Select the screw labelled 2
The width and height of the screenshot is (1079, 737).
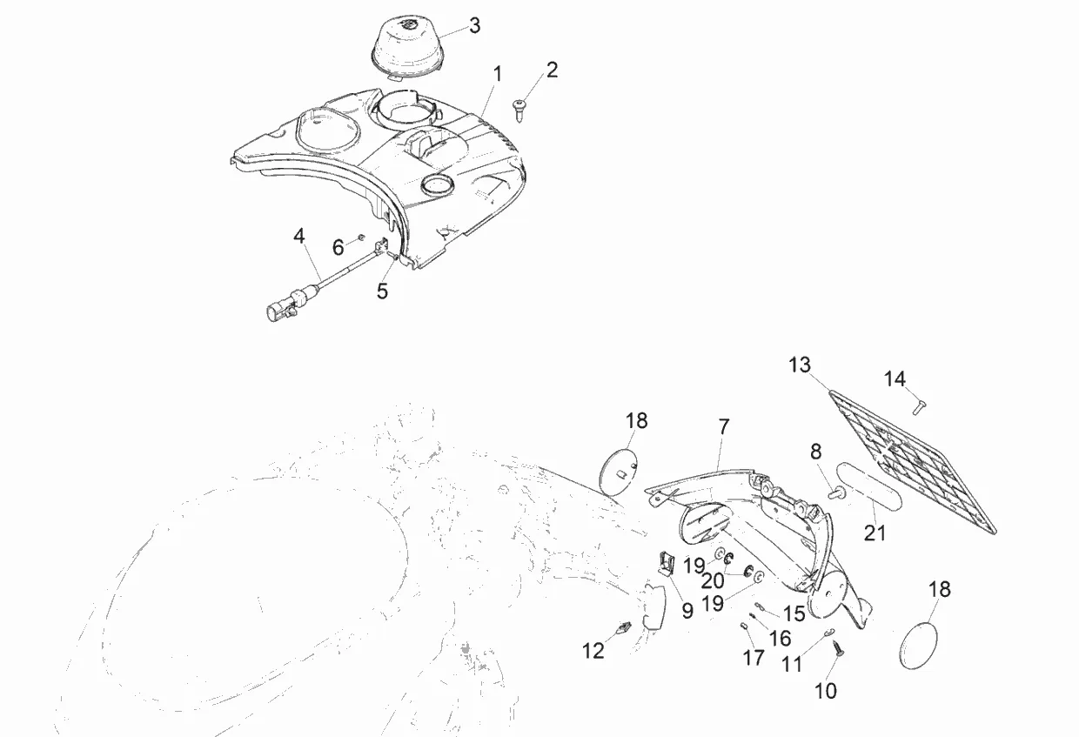[519, 106]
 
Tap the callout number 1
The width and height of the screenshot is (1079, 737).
[497, 74]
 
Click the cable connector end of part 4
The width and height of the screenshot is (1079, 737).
[281, 309]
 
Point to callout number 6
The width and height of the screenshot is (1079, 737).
[338, 248]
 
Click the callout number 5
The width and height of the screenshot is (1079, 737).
[382, 291]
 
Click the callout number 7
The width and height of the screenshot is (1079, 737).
[723, 427]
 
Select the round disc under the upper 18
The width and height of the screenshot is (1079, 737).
[620, 472]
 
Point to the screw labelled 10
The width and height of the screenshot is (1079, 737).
[839, 647]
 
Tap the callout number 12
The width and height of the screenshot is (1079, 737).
[593, 651]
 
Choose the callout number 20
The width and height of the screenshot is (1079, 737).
[712, 580]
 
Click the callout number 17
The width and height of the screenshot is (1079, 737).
[754, 657]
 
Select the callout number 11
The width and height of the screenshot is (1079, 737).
[792, 665]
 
